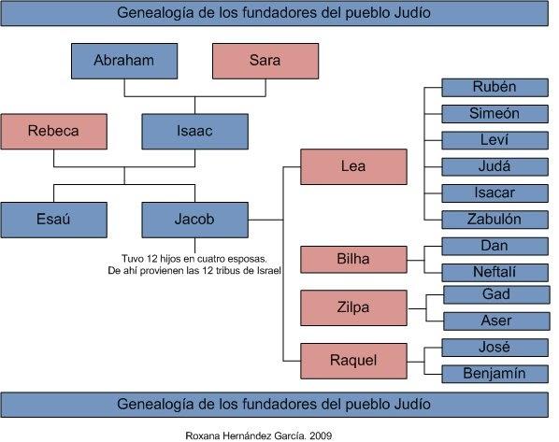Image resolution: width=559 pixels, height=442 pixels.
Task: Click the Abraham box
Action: tap(124, 61)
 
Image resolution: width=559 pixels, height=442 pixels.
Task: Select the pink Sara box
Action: tap(265, 61)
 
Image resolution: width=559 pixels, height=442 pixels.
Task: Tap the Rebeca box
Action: tap(54, 132)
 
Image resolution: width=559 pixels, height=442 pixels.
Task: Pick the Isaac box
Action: tap(194, 132)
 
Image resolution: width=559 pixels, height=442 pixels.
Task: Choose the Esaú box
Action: tap(54, 220)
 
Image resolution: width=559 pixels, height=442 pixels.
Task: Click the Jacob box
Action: tap(194, 220)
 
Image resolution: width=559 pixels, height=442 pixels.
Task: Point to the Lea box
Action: tap(353, 167)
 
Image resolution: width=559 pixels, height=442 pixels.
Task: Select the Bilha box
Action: tap(353, 260)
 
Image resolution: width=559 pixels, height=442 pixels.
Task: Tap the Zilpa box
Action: tap(353, 308)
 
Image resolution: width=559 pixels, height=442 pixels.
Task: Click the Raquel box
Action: tap(353, 361)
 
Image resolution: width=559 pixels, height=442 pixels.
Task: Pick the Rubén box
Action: tap(494, 88)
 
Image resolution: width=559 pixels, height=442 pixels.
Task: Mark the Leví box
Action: tap(494, 140)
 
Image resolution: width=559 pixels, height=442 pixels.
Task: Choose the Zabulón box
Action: tap(494, 220)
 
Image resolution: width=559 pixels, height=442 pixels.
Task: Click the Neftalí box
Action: tap(494, 273)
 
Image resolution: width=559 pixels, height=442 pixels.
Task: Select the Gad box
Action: tap(496, 294)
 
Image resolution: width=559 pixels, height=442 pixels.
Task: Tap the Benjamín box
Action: tap(494, 374)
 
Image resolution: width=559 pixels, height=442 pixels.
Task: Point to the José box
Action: tap(494, 348)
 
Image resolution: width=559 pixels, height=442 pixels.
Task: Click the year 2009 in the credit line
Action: tap(321, 435)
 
